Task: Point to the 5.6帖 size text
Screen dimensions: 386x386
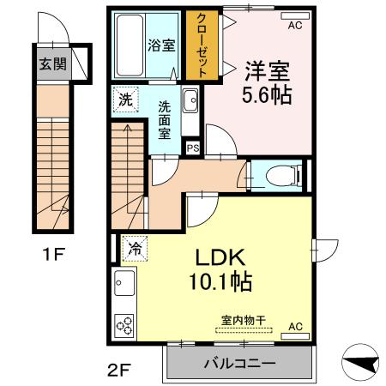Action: point(267,93)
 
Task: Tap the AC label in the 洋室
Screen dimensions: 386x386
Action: point(295,26)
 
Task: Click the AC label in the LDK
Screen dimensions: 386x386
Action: point(295,326)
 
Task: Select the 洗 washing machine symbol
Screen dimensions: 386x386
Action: point(125,100)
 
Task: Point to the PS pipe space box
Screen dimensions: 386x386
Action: point(193,148)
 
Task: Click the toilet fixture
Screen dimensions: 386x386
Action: point(282,176)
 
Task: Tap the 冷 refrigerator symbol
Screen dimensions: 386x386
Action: point(134,249)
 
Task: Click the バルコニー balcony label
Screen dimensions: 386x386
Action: point(240,363)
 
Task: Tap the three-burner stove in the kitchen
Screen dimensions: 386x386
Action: point(125,325)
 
